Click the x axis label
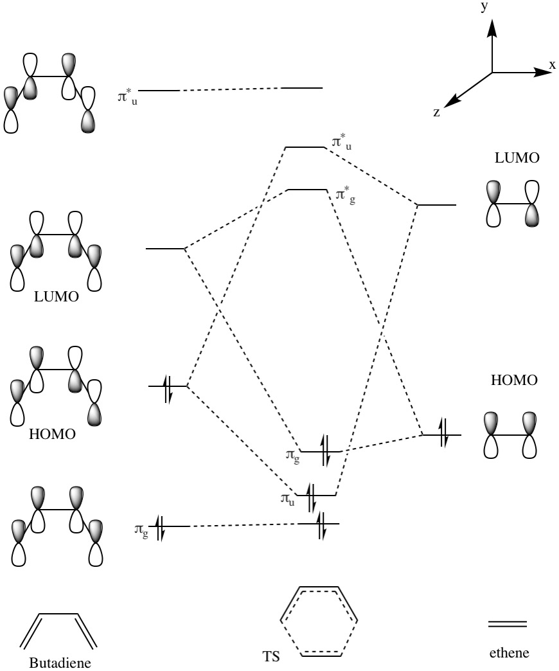552,64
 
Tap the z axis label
437,112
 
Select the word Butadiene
57,662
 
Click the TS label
271,658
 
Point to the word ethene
508,654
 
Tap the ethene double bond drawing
508,624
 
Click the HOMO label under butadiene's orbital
52,434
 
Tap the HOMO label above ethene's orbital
513,380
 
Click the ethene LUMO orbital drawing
512,204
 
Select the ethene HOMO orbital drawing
512,435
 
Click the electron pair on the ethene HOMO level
443,435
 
